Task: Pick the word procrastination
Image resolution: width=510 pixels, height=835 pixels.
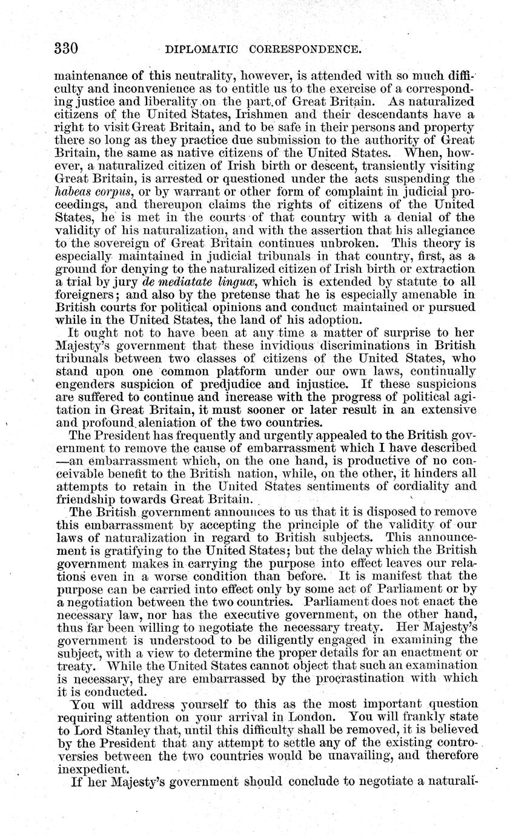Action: point(342,678)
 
